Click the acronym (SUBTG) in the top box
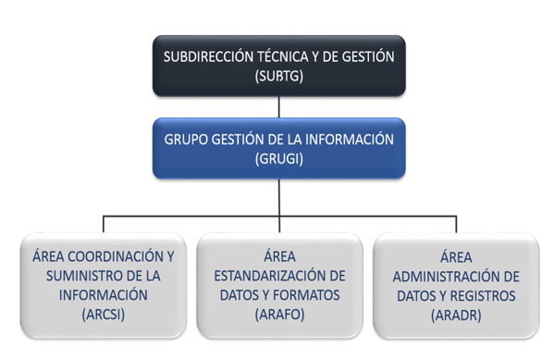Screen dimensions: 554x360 (x=279, y=76)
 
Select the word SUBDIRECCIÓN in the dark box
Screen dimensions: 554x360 (x=208, y=56)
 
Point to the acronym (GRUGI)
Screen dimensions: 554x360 (x=279, y=159)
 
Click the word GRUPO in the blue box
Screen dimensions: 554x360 (x=186, y=140)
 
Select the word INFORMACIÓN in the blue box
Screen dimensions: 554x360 (x=349, y=140)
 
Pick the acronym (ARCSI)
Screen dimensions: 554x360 (x=104, y=315)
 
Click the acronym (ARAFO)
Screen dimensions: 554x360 (x=279, y=315)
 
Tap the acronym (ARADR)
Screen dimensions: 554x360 (x=456, y=315)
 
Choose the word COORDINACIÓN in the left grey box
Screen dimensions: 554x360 (x=116, y=256)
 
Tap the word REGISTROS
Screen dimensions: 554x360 (x=483, y=296)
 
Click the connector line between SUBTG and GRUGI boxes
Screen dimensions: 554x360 (x=279, y=107)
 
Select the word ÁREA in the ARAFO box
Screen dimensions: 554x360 (x=279, y=256)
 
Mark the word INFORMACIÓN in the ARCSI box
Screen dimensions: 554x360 (x=104, y=295)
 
